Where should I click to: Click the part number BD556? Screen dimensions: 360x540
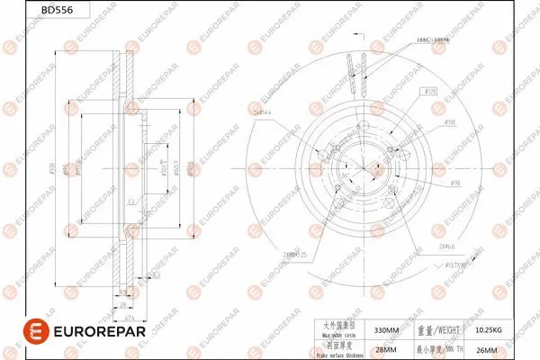pyautogui.click(x=31, y=12)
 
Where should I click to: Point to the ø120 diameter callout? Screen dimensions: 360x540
pyautogui.click(x=429, y=92)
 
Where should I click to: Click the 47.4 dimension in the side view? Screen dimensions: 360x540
pyautogui.click(x=130, y=319)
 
